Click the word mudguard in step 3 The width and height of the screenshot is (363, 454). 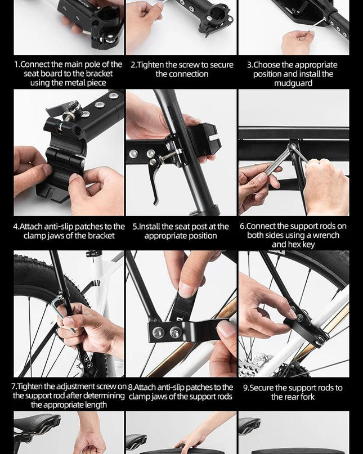tap(293, 83)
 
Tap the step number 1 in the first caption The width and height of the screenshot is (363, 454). tap(16, 64)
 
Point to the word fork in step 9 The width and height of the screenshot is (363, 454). tap(307, 397)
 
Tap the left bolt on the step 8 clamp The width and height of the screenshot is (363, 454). tap(158, 332)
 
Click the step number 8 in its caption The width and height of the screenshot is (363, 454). tap(130, 388)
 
